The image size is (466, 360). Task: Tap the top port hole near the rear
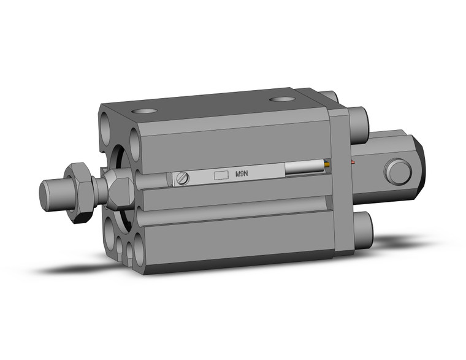tap(281, 99)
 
